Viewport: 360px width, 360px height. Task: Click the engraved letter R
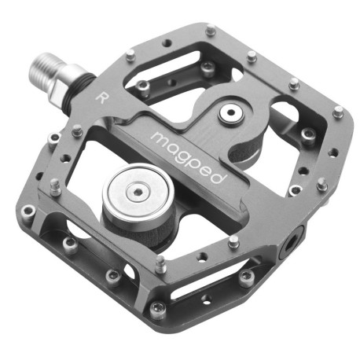101,97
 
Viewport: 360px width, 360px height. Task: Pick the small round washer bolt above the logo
230,115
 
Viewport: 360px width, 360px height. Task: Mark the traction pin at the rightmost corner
338,112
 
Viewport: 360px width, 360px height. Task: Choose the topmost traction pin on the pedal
211,31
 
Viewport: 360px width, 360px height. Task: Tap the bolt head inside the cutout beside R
144,85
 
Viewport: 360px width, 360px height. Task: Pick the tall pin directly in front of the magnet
160,263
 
